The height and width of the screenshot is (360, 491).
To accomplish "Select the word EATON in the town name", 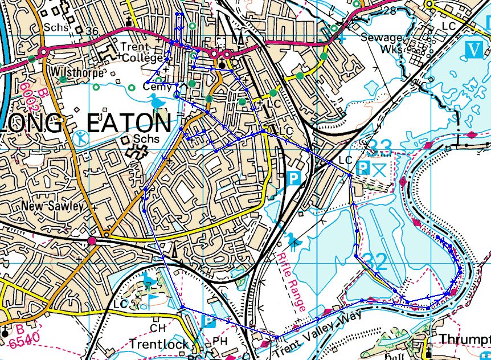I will point(129,124).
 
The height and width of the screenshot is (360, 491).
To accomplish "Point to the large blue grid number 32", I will point(374,262).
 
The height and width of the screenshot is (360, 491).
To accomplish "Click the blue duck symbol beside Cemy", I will point(157,103).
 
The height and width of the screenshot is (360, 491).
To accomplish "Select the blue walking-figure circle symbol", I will point(81,137).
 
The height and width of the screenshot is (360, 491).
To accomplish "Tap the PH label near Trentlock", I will point(219,341).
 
